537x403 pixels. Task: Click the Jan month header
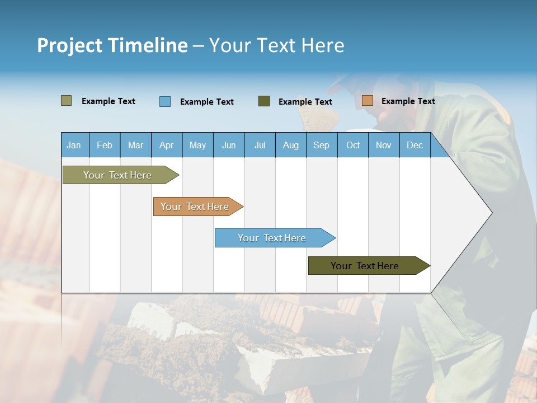click(74, 145)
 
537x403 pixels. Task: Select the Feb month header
click(105, 145)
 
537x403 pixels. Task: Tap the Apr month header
click(166, 145)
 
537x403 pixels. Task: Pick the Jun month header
click(229, 145)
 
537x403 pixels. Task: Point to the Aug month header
click(291, 145)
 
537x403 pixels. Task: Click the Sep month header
click(321, 145)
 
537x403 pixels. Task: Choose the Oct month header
click(353, 145)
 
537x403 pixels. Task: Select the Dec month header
click(414, 145)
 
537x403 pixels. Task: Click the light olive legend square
click(66, 101)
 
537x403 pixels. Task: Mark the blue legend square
click(165, 101)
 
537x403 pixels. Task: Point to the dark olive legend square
click(264, 101)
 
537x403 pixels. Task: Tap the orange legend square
click(367, 101)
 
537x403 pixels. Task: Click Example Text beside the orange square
click(408, 101)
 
